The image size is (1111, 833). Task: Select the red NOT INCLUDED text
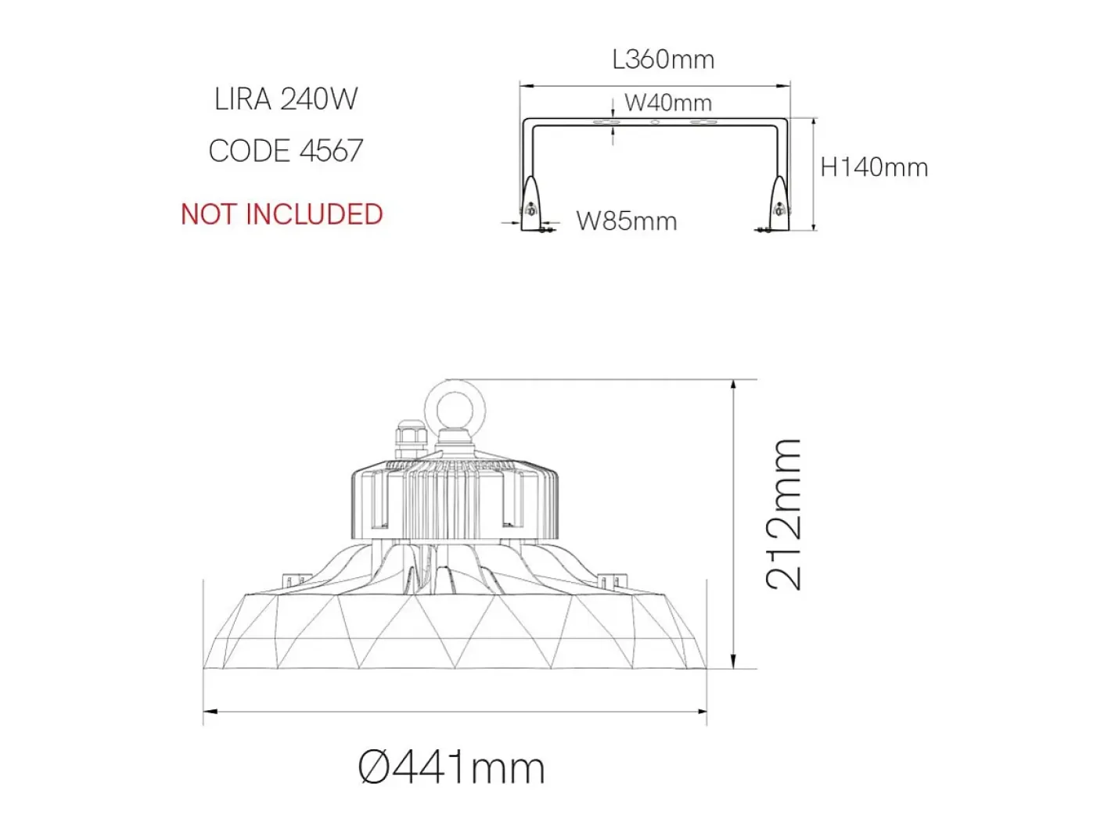[x=282, y=214]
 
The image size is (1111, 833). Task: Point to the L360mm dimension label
[x=663, y=59]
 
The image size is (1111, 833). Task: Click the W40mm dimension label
[x=668, y=102]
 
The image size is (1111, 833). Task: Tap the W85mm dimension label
[x=627, y=221]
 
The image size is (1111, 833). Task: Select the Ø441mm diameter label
[x=451, y=769]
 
